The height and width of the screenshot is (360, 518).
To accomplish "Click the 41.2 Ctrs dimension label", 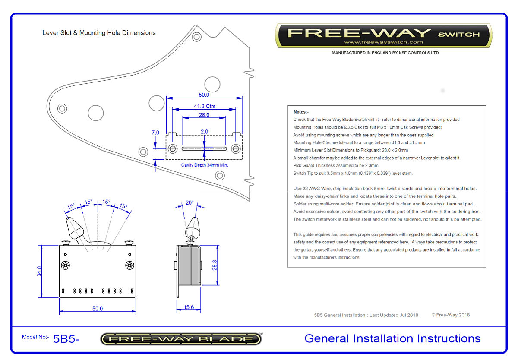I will [204, 106].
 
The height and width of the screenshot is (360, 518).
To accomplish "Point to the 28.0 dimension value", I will [204, 115].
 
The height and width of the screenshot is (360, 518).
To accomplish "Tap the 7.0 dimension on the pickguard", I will [155, 133].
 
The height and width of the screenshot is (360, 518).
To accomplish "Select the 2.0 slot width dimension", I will [204, 131].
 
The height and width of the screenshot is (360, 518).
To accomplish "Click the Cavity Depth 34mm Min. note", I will [205, 165].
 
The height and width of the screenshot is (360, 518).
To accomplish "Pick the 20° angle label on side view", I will [189, 202].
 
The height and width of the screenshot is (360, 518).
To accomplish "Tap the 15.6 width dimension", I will [189, 307].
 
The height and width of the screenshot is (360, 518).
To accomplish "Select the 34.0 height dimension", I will [39, 271].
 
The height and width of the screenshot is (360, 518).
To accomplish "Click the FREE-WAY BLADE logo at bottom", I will [181, 339].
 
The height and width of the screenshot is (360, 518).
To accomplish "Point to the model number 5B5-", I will [66, 339].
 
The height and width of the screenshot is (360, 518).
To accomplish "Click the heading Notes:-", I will [301, 112].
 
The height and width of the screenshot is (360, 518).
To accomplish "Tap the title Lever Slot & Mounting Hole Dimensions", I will [99, 33].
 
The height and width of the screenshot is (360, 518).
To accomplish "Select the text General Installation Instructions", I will [392, 338].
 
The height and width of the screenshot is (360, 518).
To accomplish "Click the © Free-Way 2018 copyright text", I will [450, 315].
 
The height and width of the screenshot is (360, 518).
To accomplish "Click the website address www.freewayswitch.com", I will [383, 42].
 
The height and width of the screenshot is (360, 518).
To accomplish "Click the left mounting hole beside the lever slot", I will [173, 149].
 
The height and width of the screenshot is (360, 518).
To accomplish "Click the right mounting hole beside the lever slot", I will [236, 149].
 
